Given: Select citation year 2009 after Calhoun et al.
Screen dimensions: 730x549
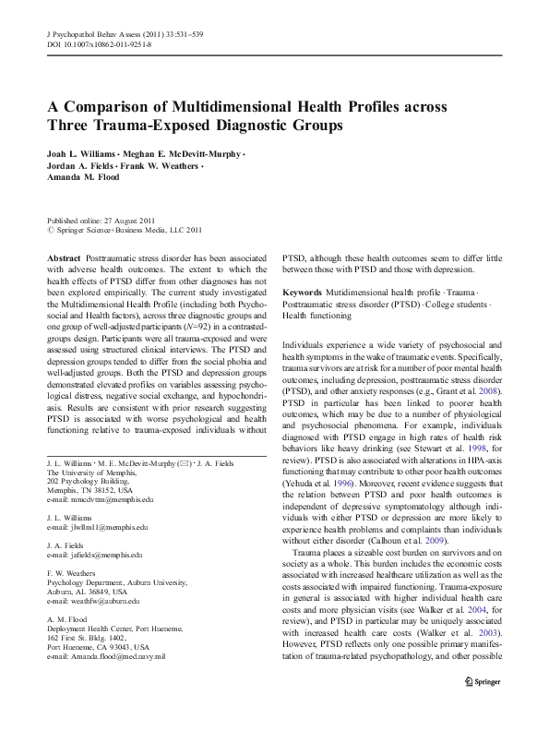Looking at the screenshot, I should point(427,541).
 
